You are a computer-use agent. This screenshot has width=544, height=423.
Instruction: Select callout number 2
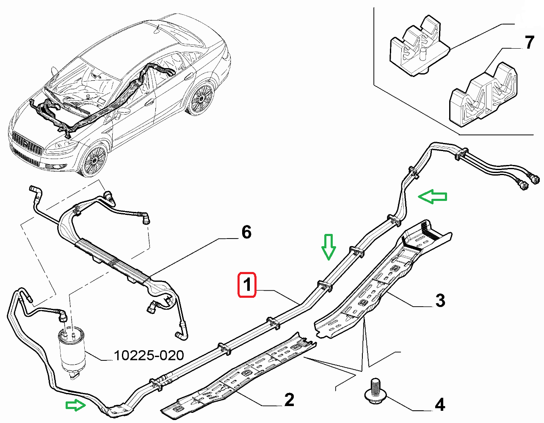(289, 400)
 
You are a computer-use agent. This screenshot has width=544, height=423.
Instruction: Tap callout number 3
(440, 301)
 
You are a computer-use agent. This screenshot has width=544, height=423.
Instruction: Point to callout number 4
(440, 405)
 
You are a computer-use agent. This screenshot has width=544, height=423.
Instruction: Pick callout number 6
(246, 232)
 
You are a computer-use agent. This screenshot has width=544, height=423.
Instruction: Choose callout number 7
(529, 43)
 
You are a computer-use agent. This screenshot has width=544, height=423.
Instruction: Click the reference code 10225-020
(149, 355)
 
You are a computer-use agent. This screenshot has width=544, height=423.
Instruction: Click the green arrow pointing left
(432, 197)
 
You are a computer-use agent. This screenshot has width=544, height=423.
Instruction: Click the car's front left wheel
(94, 161)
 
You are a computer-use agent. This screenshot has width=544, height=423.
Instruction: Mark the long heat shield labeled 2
(241, 372)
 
